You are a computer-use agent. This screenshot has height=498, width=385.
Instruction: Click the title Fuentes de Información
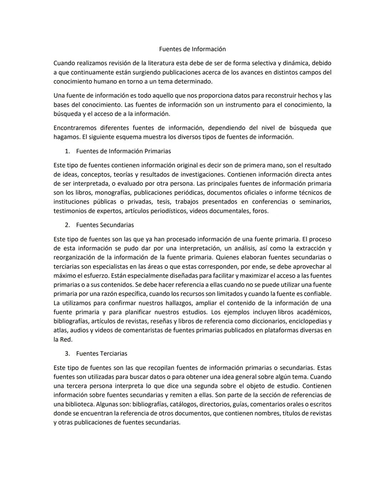pos(192,49)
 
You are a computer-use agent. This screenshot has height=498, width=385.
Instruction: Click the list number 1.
pos(67,151)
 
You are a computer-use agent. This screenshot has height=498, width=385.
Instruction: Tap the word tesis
pos(164,202)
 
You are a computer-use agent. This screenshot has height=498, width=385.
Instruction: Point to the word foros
pos(260,211)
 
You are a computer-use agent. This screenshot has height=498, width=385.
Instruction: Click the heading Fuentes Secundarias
pos(105,225)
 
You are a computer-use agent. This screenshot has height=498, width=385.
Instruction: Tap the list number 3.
pos(67,354)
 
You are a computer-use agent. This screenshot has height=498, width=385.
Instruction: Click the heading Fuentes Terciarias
pos(102,354)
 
